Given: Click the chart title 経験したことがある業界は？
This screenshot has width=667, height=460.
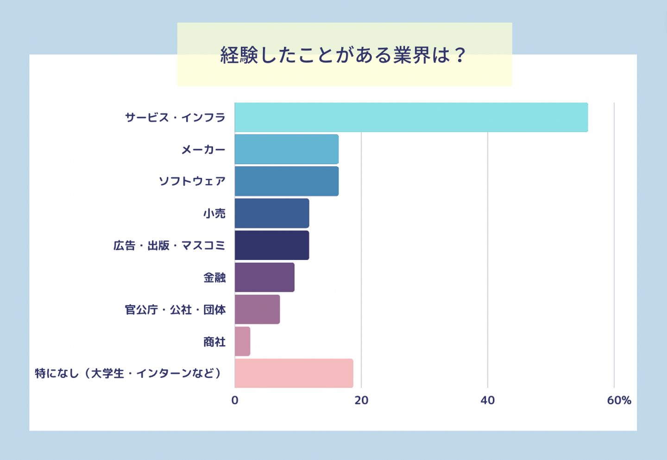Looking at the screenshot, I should (x=344, y=56).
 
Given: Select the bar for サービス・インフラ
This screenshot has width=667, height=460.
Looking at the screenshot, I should (x=411, y=117).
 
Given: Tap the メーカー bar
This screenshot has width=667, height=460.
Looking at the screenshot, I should (x=286, y=149).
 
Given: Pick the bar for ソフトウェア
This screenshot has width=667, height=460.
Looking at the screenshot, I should (x=286, y=181).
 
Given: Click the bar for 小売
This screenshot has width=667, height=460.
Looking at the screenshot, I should (x=271, y=213).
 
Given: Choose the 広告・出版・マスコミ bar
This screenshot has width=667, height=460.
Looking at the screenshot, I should (x=271, y=245).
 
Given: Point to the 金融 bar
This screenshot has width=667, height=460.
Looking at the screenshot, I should (x=264, y=277).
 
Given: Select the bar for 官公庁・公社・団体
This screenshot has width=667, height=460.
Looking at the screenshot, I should (x=257, y=309).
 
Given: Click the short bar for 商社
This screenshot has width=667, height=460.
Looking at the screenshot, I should (x=242, y=341).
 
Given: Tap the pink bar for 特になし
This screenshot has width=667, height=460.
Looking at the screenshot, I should (x=294, y=373).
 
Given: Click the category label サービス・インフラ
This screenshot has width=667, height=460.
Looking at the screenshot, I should (x=175, y=118).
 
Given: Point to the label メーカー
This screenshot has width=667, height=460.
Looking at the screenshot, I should (x=203, y=150).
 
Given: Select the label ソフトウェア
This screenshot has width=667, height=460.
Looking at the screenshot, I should (x=192, y=181).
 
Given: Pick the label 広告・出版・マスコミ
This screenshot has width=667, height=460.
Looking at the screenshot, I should (x=169, y=246).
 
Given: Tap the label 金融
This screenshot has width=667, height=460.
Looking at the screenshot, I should (x=214, y=277).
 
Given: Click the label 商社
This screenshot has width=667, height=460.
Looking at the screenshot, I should (x=214, y=342).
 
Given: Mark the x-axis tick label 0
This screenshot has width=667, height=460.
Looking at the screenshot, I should (x=235, y=400).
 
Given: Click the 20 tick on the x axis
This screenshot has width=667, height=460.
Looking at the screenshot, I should (x=361, y=400).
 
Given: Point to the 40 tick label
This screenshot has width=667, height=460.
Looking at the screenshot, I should (x=488, y=400).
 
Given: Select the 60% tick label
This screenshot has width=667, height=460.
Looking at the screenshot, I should (x=619, y=400).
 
